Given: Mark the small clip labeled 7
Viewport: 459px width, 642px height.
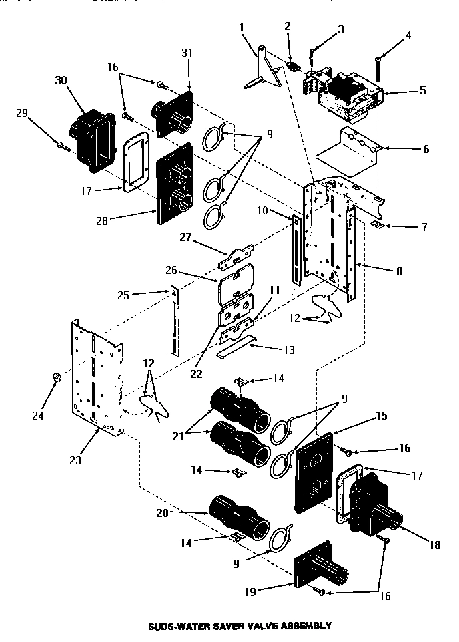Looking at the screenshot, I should (377, 225).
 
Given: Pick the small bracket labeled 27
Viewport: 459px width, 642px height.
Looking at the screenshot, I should (237, 254).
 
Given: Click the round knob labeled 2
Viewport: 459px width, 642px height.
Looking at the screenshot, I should (292, 67).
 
